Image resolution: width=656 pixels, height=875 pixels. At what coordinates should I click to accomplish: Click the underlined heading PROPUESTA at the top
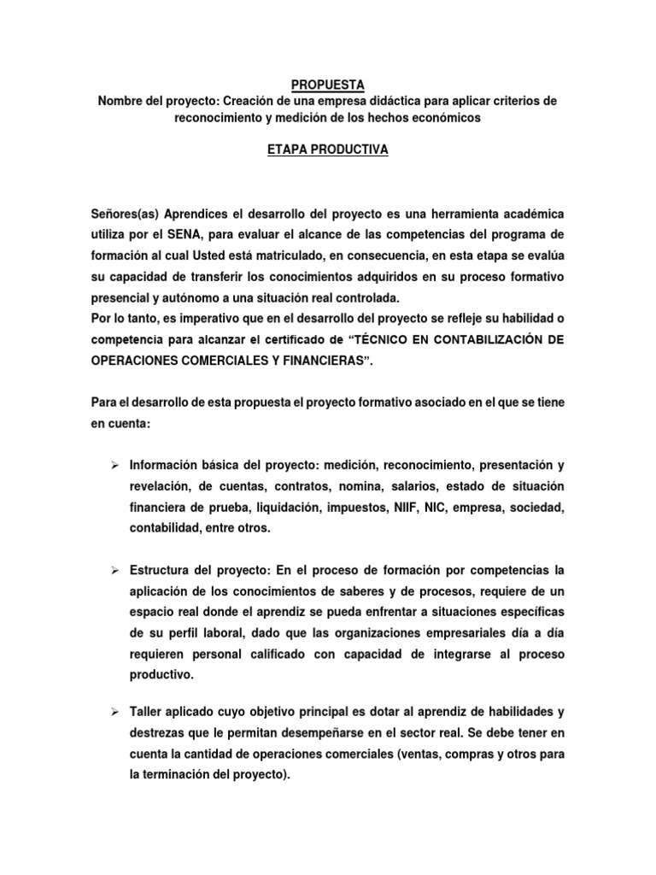pos(328,84)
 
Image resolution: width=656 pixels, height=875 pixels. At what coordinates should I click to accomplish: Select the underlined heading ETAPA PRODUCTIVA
pos(328,150)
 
